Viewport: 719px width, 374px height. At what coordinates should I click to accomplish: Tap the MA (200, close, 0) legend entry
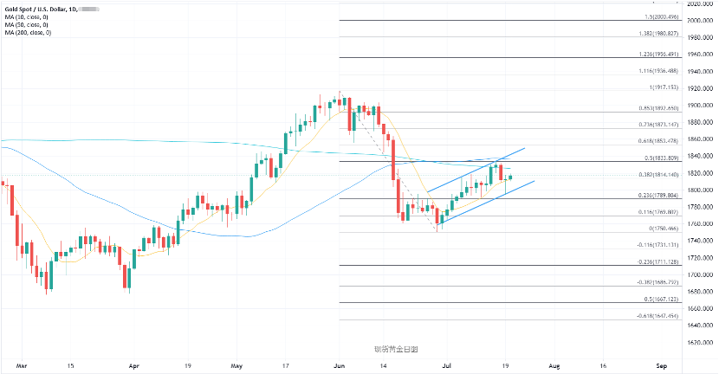[29, 33]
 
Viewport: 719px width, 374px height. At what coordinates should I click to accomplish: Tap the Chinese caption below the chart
[396, 349]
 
